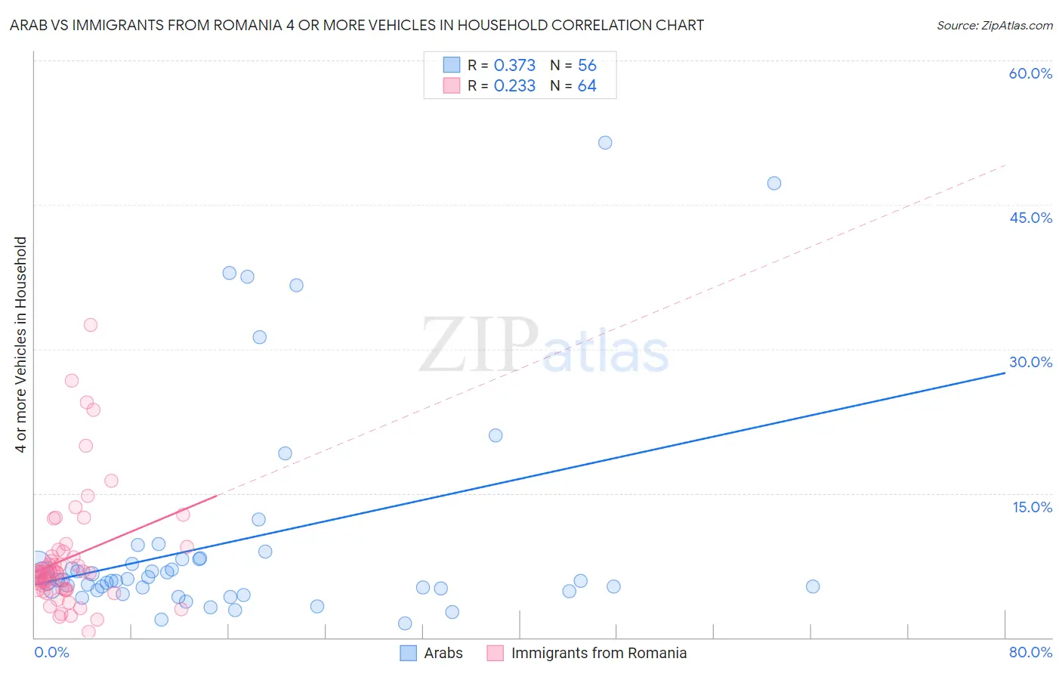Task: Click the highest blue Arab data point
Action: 605,143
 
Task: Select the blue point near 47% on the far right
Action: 774,183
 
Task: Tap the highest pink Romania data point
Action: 91,325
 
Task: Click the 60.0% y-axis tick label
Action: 1030,73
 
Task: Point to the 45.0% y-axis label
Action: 1030,218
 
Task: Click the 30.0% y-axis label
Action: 1030,362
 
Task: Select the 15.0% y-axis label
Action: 1032,507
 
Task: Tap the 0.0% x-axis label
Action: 51,652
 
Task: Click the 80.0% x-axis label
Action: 1030,652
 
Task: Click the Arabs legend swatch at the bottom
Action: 409,653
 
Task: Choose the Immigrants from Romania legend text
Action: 598,653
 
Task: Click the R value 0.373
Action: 514,66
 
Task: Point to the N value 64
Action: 587,86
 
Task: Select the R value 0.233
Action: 514,86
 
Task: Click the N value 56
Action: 587,66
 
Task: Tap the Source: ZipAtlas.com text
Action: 994,26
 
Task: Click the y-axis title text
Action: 21,345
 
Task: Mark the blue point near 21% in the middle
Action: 495,435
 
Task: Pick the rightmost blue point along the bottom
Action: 813,586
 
